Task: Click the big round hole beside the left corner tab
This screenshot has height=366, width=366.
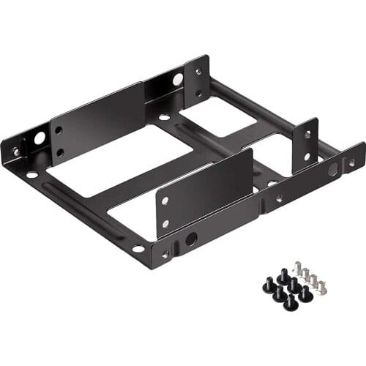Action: [x=39, y=138]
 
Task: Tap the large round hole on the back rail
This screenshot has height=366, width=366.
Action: [x=178, y=78]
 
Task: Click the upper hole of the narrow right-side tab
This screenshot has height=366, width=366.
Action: [x=307, y=135]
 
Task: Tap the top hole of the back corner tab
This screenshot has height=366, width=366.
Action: [x=198, y=72]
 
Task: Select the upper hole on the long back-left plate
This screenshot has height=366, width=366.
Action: [x=59, y=130]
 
